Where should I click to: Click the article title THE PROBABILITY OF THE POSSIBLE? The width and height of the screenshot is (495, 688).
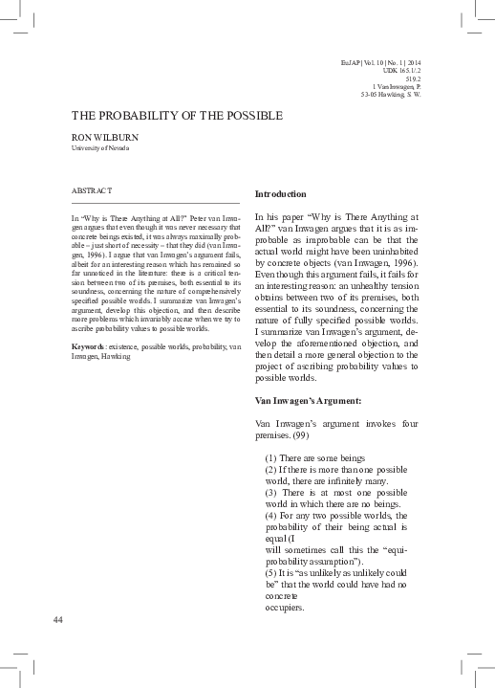(177, 116)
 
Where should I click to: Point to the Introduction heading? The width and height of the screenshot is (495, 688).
(281, 193)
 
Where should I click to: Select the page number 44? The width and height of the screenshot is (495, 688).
(58, 620)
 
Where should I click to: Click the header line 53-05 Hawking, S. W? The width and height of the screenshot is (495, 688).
(390, 95)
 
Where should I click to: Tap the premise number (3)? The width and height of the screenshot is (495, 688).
(271, 492)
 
